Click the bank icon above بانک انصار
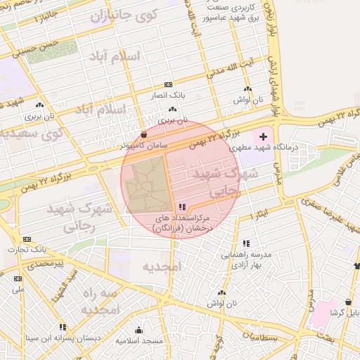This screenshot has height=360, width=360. click(168, 84)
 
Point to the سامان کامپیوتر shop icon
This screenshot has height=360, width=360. click(143, 134)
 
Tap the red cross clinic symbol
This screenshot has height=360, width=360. click(264, 136)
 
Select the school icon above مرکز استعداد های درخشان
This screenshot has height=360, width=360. click(182, 207)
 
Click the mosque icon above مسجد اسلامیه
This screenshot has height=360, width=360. click(139, 330)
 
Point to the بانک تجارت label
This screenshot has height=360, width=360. click(27, 250)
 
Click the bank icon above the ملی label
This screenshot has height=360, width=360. click(18, 278)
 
